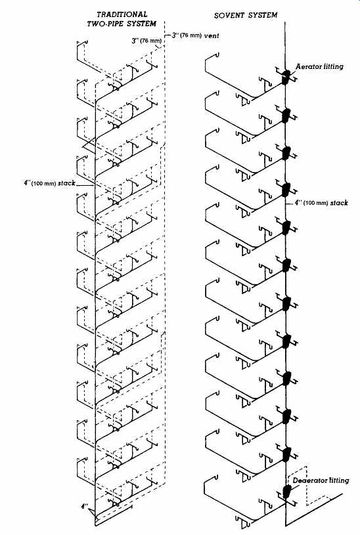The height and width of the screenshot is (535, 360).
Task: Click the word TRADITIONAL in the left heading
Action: click(x=122, y=14)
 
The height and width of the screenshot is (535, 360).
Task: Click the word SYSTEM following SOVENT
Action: click(x=263, y=15)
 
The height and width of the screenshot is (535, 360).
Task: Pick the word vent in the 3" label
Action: click(x=212, y=35)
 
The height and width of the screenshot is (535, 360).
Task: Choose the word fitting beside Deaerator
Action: click(x=338, y=481)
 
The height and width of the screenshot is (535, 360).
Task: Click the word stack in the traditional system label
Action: click(x=66, y=183)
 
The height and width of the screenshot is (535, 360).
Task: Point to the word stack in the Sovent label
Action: click(x=339, y=203)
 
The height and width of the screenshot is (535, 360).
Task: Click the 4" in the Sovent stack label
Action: click(x=298, y=203)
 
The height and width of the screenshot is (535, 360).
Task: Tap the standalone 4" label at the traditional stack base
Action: click(x=84, y=506)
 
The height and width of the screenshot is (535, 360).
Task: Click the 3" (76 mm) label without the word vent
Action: click(x=146, y=41)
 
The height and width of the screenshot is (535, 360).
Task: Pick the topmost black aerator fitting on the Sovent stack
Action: click(x=286, y=77)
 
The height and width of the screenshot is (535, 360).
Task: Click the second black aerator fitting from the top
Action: click(x=286, y=116)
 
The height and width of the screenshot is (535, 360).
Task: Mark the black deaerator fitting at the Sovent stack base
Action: click(x=287, y=492)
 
